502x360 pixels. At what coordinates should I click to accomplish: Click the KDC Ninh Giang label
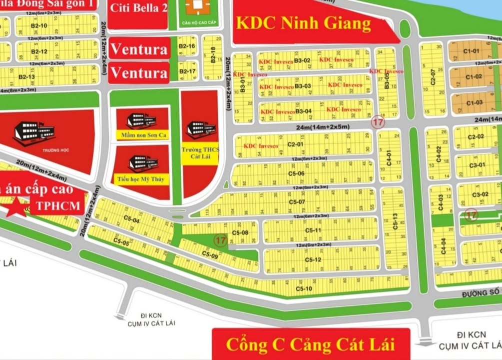(304, 23)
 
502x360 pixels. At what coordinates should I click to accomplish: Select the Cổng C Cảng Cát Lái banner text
(310, 344)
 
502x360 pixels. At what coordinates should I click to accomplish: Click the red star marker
(18, 206)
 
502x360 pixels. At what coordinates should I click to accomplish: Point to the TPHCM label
(56, 206)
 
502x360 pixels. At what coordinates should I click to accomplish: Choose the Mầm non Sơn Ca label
(142, 135)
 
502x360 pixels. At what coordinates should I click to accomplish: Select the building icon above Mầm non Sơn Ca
(141, 119)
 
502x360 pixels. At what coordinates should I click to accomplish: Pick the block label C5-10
(303, 288)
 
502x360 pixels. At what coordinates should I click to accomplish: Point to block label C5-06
(296, 173)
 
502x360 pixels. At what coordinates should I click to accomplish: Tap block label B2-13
(26, 76)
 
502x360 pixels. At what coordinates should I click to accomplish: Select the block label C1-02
(473, 76)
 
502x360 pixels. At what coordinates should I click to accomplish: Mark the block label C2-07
(433, 77)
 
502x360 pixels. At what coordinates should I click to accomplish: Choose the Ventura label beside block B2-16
(139, 49)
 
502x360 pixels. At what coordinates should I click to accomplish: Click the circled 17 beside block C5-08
(220, 240)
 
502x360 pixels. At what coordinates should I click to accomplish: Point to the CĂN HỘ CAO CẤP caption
(195, 22)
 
